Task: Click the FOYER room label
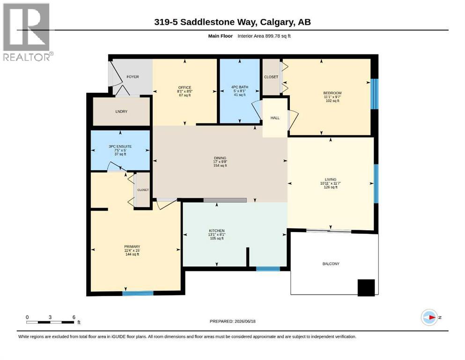coord(133,76)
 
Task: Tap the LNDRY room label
coord(121,111)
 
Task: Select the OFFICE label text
coord(185,88)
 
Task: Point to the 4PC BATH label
coord(240,87)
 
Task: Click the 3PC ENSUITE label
coord(120,146)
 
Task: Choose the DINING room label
coord(220,158)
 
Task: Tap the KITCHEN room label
coord(217,231)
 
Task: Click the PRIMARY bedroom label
coord(132,247)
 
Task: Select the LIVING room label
coord(330,179)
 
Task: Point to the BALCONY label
coord(331,263)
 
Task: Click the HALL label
coord(275,118)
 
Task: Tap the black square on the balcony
coord(366,288)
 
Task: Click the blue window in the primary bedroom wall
coord(138,293)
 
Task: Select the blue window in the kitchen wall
coord(268,269)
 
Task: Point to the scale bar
coord(50,322)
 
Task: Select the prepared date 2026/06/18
coord(245,321)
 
